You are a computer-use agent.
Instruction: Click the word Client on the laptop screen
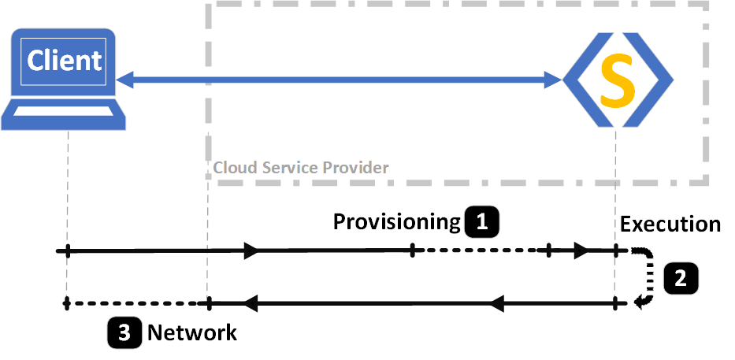65,61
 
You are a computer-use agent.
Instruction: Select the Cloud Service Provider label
300,168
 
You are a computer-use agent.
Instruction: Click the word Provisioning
395,221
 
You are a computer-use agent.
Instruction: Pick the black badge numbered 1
482,222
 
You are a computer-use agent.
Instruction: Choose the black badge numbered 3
124,332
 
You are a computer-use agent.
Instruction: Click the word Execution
670,224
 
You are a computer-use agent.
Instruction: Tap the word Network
191,332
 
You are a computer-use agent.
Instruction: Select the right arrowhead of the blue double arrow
555,79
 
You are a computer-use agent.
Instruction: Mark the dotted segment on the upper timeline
481,251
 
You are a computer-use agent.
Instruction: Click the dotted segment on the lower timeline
134,302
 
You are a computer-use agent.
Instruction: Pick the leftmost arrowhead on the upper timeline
251,251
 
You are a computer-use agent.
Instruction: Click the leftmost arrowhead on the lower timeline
251,302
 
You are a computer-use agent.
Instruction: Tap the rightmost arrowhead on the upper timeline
581,251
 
